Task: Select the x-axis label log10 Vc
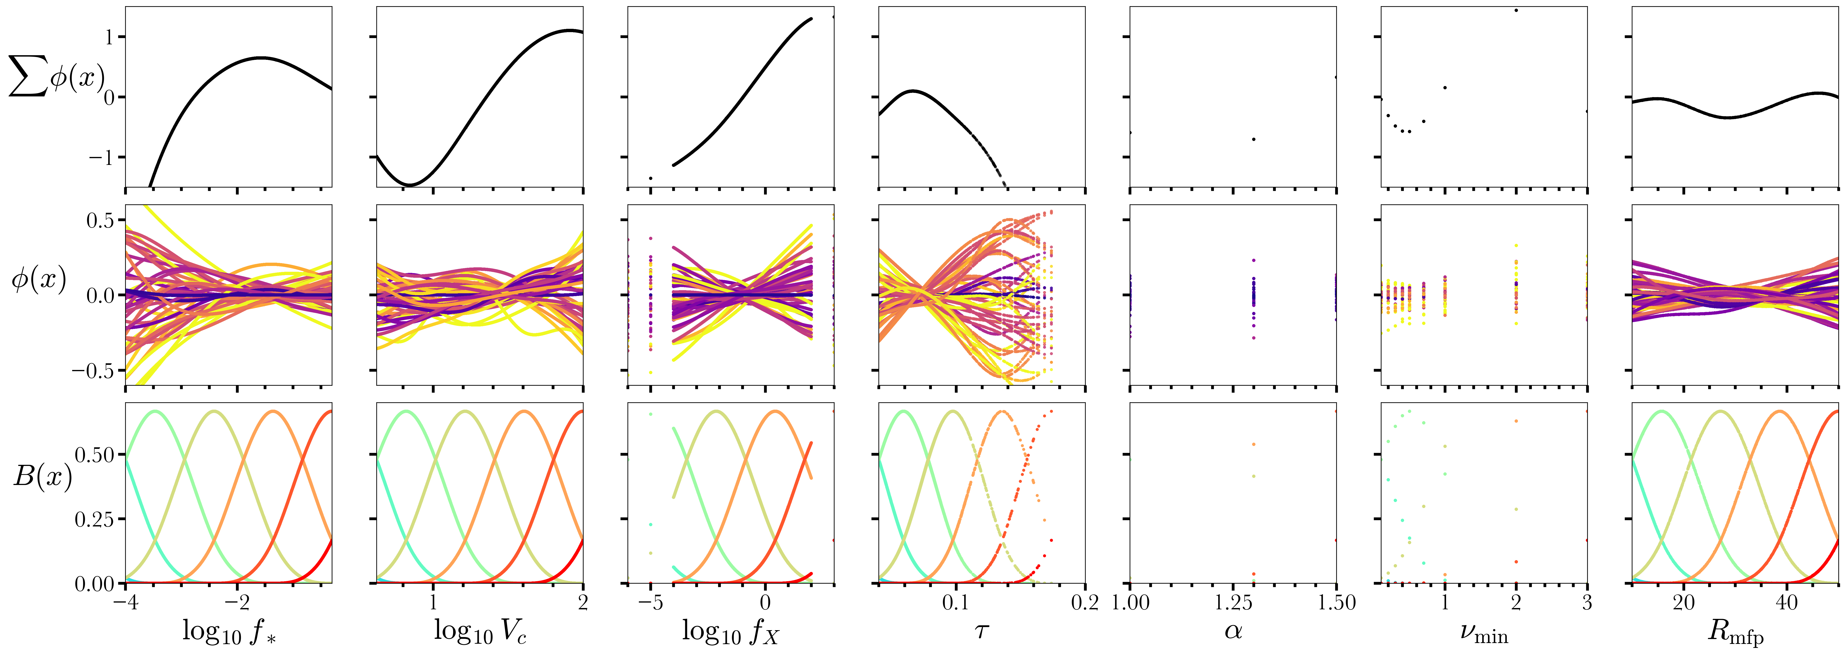(480, 631)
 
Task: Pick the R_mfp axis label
(1735, 631)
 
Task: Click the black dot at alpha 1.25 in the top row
(1253, 139)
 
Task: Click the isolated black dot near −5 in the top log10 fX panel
(650, 178)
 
